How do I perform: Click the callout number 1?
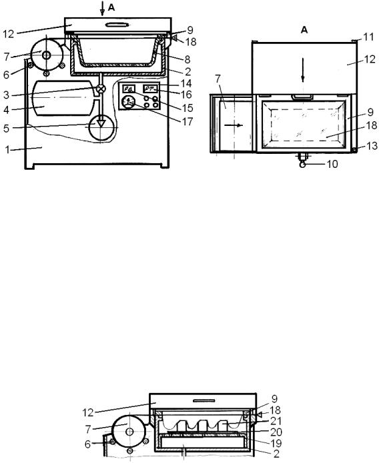pyautogui.click(x=7, y=150)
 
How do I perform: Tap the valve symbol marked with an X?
pyautogui.click(x=101, y=89)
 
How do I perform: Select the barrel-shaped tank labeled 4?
pyautogui.click(x=62, y=98)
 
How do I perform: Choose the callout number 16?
pyautogui.click(x=186, y=95)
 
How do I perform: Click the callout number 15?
pyautogui.click(x=187, y=108)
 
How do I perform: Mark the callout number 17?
pyautogui.click(x=187, y=121)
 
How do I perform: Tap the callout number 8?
pyautogui.click(x=187, y=59)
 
